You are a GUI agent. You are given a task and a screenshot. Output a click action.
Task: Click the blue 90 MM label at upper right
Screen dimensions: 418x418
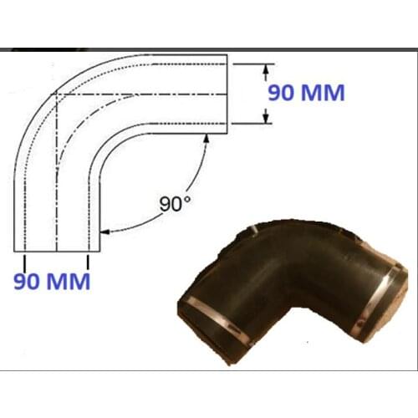tap(305, 94)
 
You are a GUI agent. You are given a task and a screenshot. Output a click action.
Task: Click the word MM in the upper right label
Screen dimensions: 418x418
tap(322, 94)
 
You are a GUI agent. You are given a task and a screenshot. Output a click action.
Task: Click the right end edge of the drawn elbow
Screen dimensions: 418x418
tap(227, 94)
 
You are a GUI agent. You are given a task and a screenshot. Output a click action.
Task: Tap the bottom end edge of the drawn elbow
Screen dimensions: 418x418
tap(58, 251)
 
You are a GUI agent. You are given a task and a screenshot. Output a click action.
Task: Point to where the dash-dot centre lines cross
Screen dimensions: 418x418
tap(56, 94)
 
